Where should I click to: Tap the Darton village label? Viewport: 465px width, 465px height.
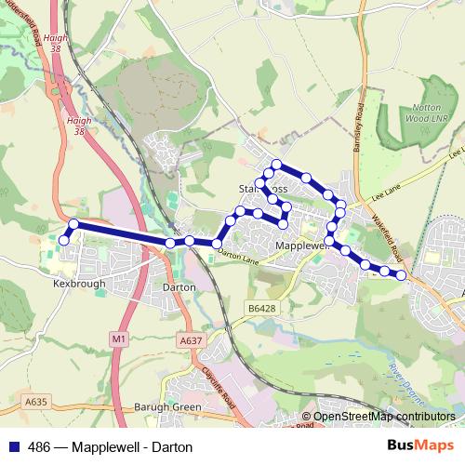click(178, 287)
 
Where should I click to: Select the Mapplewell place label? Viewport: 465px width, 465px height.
click(303, 246)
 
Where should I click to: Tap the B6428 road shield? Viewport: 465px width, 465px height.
click(263, 307)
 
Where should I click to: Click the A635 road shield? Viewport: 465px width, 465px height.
click(35, 401)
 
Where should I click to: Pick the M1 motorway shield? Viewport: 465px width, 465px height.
click(117, 340)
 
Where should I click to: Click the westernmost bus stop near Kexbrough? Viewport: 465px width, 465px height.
click(64, 240)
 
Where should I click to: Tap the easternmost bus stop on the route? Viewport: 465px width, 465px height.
click(402, 274)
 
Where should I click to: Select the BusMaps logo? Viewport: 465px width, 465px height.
click(424, 446)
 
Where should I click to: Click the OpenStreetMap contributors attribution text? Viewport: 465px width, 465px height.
click(384, 418)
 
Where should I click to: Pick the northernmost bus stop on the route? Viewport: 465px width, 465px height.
click(276, 165)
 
